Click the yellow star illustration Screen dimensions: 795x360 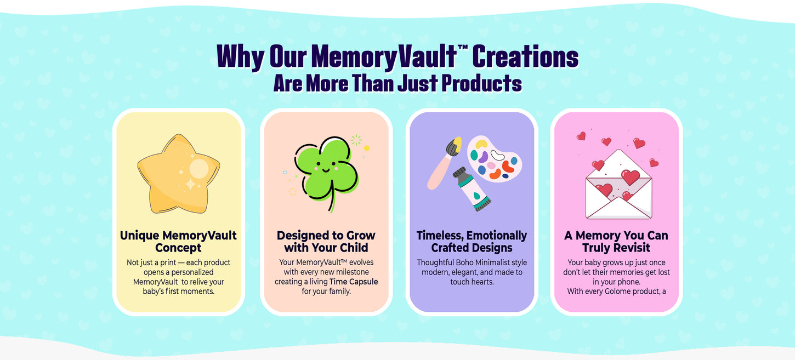179,174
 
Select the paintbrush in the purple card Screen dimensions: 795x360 444,163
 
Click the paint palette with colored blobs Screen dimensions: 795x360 495,158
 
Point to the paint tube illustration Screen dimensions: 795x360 472,190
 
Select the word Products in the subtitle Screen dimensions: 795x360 481,84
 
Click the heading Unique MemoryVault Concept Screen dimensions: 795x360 178,242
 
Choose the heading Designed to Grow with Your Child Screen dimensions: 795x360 326,242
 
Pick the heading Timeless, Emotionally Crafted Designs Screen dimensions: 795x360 472,242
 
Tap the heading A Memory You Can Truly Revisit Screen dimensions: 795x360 616,242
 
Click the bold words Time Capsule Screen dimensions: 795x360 354,282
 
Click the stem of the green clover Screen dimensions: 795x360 332,196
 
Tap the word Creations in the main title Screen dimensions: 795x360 525,57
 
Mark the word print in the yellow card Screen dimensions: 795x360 168,263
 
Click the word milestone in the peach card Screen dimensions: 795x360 351,272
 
